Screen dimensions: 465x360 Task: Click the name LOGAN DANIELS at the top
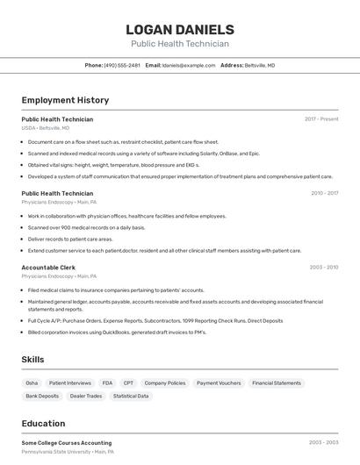point(180,30)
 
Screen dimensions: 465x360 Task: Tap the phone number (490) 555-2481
point(122,65)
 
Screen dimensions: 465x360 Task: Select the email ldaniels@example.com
point(189,65)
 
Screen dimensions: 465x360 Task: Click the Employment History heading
point(65,100)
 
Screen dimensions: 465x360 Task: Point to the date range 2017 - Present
point(321,118)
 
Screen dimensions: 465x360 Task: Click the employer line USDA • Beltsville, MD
point(46,128)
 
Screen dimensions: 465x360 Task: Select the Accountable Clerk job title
point(48,267)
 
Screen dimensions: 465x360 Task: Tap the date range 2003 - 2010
point(324,267)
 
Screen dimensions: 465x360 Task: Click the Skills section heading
point(33,360)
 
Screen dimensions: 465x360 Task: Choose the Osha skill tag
point(32,383)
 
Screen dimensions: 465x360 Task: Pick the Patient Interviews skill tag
point(70,383)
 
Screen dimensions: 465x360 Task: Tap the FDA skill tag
point(107,383)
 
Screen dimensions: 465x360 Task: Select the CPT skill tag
point(128,383)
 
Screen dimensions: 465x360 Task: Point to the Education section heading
point(43,423)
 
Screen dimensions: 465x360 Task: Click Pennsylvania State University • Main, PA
point(68,452)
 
